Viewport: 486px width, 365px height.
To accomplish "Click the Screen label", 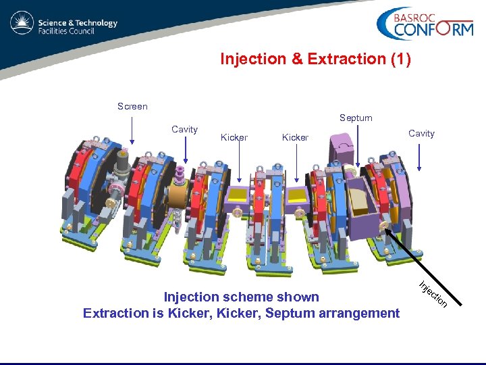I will click(x=132, y=106).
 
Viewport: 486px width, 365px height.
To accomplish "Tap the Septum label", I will click(x=356, y=118).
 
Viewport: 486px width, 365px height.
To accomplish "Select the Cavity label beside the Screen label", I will click(x=184, y=129).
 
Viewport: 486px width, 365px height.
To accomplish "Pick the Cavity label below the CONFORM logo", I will click(x=421, y=133).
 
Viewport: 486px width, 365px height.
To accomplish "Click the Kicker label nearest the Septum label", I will click(x=295, y=137).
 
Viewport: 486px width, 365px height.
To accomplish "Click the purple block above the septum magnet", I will click(x=342, y=147).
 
